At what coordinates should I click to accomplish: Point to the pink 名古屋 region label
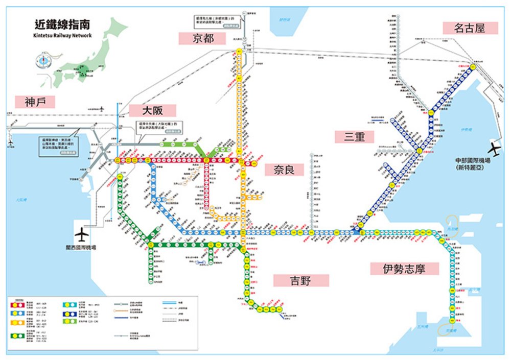point(470,28)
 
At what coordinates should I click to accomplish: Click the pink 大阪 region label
point(152,110)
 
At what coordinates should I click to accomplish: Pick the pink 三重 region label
point(355,136)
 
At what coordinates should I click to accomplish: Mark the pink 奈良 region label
point(284,170)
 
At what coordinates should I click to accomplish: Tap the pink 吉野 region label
point(301,280)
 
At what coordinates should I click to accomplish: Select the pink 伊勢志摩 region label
point(404,269)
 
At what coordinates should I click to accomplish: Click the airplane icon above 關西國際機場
point(81,234)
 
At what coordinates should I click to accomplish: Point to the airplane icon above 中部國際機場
point(494,150)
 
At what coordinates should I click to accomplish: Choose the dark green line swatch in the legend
point(17,335)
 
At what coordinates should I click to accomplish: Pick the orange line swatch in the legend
point(17,322)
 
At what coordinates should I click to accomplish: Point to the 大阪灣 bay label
point(21,200)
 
